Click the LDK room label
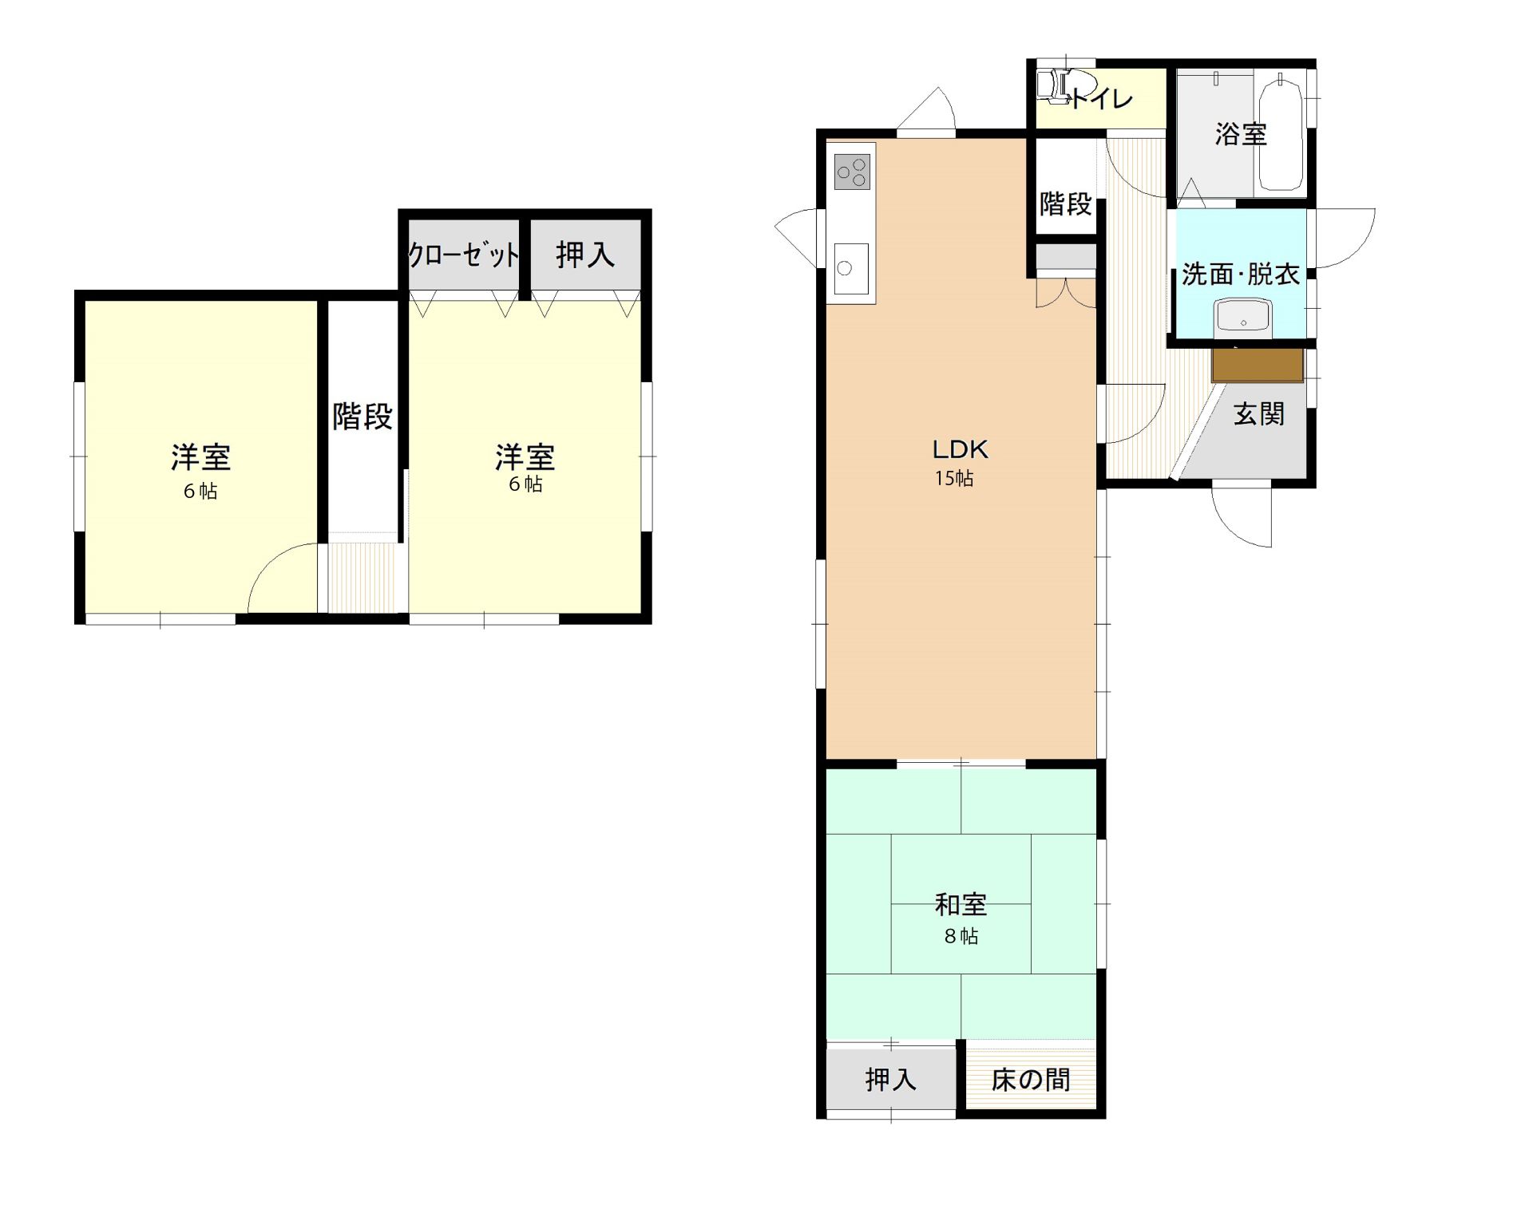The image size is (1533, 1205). pyautogui.click(x=961, y=449)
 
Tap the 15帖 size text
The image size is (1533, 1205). pyautogui.click(x=954, y=479)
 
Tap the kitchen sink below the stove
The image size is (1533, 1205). pyautogui.click(x=851, y=269)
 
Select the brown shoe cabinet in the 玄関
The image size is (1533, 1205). pyautogui.click(x=1258, y=365)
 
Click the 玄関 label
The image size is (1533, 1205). pyautogui.click(x=1259, y=414)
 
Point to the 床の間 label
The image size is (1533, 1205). pyautogui.click(x=1031, y=1080)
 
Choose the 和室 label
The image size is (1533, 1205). pyautogui.click(x=961, y=905)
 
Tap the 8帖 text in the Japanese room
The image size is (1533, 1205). pyautogui.click(x=961, y=936)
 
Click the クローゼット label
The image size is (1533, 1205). pyautogui.click(x=464, y=255)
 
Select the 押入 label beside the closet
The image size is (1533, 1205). pyautogui.click(x=585, y=255)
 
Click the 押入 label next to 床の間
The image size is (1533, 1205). pyautogui.click(x=890, y=1080)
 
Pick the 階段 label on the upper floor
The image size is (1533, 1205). pyautogui.click(x=362, y=417)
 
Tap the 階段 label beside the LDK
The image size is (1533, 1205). pyautogui.click(x=1065, y=204)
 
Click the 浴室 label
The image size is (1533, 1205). pyautogui.click(x=1241, y=134)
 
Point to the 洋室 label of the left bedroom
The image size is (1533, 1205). pyautogui.click(x=201, y=457)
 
